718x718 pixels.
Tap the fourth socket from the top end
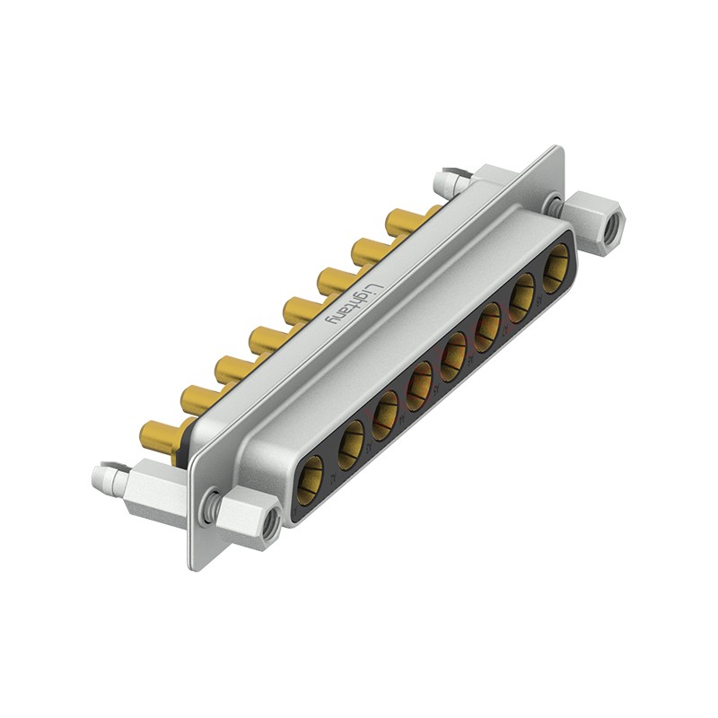(x=455, y=352)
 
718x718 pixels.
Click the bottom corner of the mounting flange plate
(x=192, y=565)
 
